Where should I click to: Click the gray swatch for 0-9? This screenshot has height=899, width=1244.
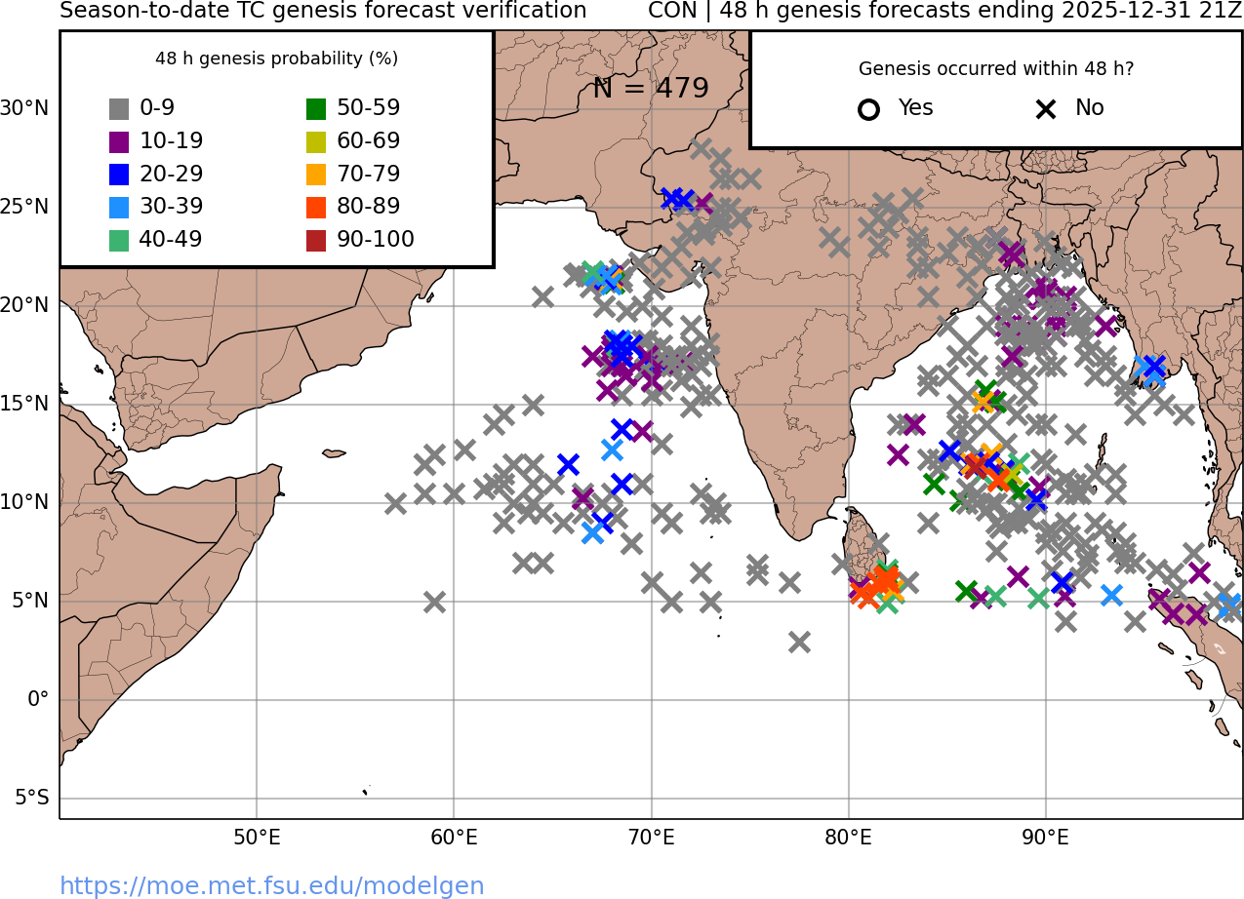[x=119, y=109]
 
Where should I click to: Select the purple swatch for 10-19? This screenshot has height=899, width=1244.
[x=119, y=141]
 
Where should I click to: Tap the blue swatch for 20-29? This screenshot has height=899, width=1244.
[x=119, y=175]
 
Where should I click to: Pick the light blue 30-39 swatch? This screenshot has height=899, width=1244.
[x=119, y=207]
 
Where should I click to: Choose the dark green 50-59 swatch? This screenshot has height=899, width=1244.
[x=316, y=109]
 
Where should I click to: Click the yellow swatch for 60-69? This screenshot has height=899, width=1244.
[x=316, y=141]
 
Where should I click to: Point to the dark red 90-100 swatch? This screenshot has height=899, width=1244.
[x=316, y=240]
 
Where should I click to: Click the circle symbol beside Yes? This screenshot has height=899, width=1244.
[x=868, y=109]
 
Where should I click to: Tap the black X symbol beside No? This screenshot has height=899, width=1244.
[x=1046, y=109]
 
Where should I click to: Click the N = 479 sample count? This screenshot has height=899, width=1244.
[x=651, y=89]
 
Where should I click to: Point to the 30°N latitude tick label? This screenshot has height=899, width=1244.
[x=24, y=108]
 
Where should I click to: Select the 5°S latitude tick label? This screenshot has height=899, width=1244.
[x=31, y=799]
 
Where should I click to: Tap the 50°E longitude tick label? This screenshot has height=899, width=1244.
[x=257, y=838]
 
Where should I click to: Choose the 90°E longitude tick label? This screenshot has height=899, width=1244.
[x=1046, y=838]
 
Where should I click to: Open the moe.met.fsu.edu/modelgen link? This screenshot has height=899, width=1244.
[x=272, y=885]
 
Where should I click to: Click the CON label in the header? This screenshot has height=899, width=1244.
[x=670, y=11]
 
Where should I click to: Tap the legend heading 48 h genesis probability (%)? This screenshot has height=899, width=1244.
[x=276, y=59]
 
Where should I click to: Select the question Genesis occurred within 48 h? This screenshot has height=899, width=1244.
[x=996, y=69]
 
